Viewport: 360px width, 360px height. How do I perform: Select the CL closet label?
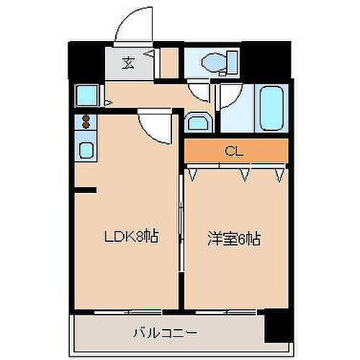click(232, 151)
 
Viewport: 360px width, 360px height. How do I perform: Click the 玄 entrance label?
click(127, 63)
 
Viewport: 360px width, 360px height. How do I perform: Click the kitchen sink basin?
click(86, 152)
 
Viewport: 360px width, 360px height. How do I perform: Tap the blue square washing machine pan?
click(87, 96)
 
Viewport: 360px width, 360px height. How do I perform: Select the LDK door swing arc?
click(155, 127)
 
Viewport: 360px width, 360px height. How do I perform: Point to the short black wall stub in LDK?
click(85, 190)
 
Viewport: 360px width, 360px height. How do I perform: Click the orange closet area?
click(266, 151)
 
